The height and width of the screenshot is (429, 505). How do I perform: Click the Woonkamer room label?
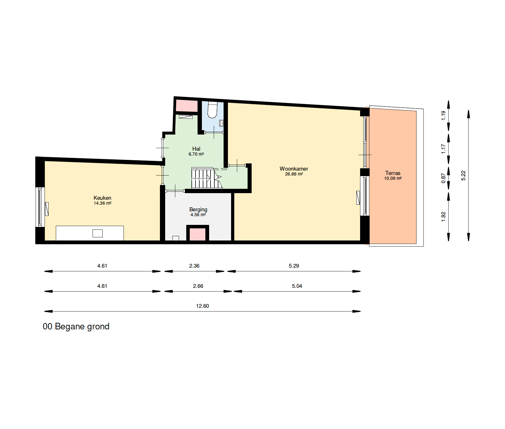pyautogui.click(x=294, y=169)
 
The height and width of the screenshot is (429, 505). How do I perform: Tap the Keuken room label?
pyautogui.click(x=102, y=198)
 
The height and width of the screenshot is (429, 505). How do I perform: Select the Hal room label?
pyautogui.click(x=196, y=149)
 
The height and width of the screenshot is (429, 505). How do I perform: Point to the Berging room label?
pyautogui.click(x=198, y=210)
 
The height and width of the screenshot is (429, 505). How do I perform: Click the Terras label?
pyautogui.click(x=393, y=173)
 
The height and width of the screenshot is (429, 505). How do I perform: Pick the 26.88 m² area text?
pyautogui.click(x=294, y=174)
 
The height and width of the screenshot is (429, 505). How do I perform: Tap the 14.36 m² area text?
pyautogui.click(x=102, y=203)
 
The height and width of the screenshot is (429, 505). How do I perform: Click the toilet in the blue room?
pyautogui.click(x=212, y=110)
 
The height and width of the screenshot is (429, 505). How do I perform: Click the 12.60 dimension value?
pyautogui.click(x=202, y=306)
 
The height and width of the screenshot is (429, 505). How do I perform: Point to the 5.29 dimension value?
pyautogui.click(x=294, y=266)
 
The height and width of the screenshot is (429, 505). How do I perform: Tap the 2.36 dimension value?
pyautogui.click(x=194, y=266)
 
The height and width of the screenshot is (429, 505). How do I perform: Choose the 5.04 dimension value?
pyautogui.click(x=297, y=286)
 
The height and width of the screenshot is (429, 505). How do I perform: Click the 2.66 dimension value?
pyautogui.click(x=198, y=286)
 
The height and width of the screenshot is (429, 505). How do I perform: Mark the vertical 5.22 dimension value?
pyautogui.click(x=463, y=176)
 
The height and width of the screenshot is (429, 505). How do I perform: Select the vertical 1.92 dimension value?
pyautogui.click(x=443, y=217)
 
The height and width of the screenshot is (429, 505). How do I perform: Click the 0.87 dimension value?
pyautogui.click(x=443, y=178)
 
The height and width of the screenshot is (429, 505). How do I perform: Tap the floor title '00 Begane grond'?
pyautogui.click(x=76, y=327)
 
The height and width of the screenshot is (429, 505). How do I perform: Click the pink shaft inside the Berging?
pyautogui.click(x=198, y=234)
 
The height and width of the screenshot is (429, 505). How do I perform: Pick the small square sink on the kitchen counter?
pyautogui.click(x=97, y=233)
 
